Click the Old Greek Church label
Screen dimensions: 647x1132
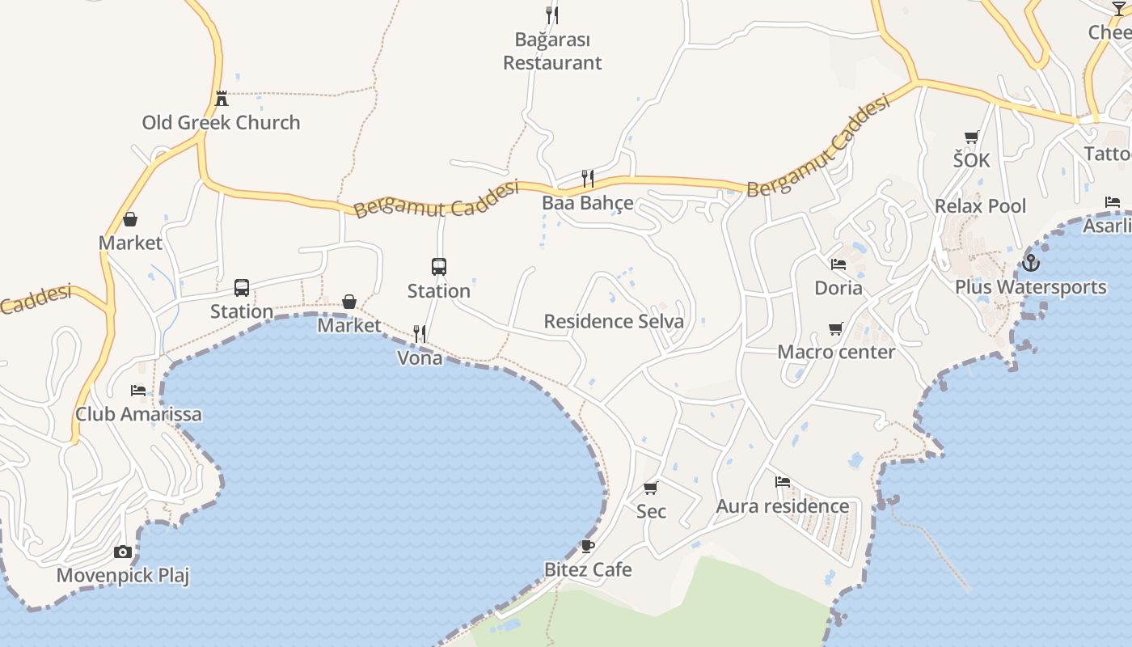[x=221, y=123]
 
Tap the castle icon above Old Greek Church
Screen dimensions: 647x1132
[x=222, y=99]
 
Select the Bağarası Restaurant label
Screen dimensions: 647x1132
[x=552, y=51]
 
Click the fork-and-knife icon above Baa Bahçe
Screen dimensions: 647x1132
[x=588, y=178]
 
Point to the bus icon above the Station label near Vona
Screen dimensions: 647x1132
[x=438, y=266]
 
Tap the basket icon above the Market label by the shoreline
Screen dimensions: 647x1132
[x=349, y=302]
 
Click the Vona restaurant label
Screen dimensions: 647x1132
[x=420, y=357]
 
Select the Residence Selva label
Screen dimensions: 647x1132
[x=614, y=321]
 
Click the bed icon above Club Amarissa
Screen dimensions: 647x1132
[x=138, y=391]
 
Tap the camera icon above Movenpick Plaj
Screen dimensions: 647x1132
[x=123, y=552]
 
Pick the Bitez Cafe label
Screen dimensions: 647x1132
[x=588, y=569]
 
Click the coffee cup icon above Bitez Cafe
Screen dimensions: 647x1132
[x=588, y=546]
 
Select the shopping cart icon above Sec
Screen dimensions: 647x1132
[x=651, y=488]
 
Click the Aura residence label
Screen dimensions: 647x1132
[x=783, y=506]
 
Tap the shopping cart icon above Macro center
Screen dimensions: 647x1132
[x=836, y=328]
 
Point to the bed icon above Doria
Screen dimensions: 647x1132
[x=838, y=264]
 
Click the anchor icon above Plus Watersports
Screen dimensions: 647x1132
[x=1030, y=263]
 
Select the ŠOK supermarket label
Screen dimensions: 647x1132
[x=971, y=160]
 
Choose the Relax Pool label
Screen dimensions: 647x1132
[x=980, y=206]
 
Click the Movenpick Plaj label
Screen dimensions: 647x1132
[x=123, y=576]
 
